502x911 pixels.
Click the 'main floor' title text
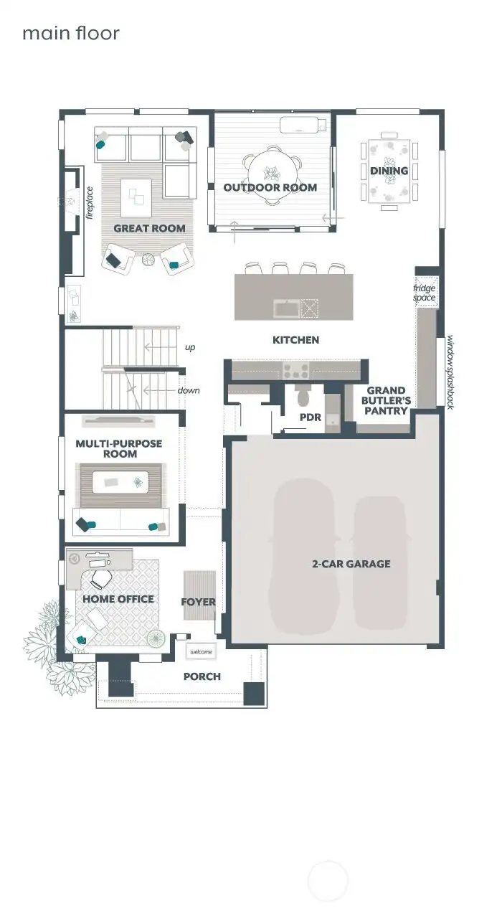(70, 33)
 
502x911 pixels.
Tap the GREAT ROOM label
(149, 228)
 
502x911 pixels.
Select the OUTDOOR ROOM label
(270, 187)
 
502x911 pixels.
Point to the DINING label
(389, 171)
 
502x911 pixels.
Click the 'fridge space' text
(424, 293)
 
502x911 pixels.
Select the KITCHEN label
(295, 339)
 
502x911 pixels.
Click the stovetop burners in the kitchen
(296, 370)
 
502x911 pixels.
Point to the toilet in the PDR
(302, 396)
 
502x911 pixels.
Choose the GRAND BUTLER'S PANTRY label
(386, 400)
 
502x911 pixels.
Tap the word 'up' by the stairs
(190, 347)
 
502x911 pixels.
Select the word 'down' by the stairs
(189, 390)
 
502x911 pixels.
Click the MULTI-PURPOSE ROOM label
(118, 448)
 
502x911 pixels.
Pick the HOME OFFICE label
(118, 598)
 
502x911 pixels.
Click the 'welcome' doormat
(201, 651)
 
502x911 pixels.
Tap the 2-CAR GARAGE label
(351, 564)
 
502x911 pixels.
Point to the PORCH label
(202, 676)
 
